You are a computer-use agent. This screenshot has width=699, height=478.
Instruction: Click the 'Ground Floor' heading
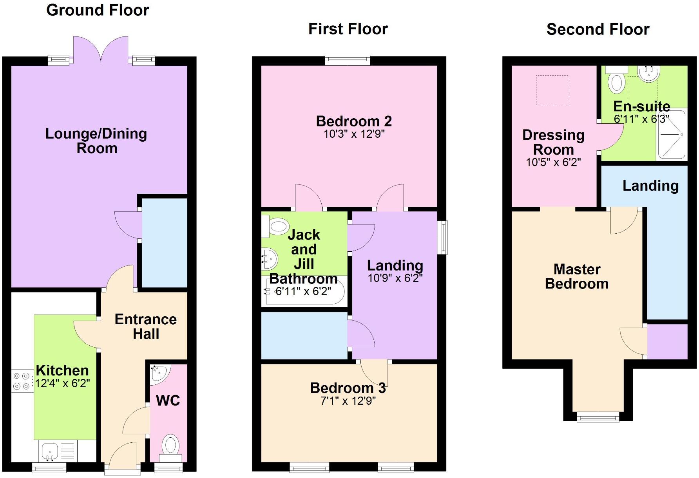tap(98, 11)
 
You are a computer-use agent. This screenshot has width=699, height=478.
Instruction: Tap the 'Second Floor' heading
tap(598, 30)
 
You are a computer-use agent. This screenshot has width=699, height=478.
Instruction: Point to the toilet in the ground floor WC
tap(170, 449)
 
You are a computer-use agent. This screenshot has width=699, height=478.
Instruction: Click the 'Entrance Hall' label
tap(146, 326)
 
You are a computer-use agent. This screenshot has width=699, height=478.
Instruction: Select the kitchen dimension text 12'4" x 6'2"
tap(63, 384)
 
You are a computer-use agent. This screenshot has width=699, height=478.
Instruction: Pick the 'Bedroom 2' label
tap(354, 121)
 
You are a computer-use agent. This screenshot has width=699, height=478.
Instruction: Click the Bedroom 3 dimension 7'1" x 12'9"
tap(348, 401)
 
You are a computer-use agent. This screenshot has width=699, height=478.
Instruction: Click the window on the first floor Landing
tap(442, 237)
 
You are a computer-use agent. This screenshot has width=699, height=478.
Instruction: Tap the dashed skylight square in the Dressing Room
tap(552, 90)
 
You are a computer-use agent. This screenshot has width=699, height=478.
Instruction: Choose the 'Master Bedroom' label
tap(577, 276)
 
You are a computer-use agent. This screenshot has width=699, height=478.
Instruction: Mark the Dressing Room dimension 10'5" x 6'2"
tap(553, 162)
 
